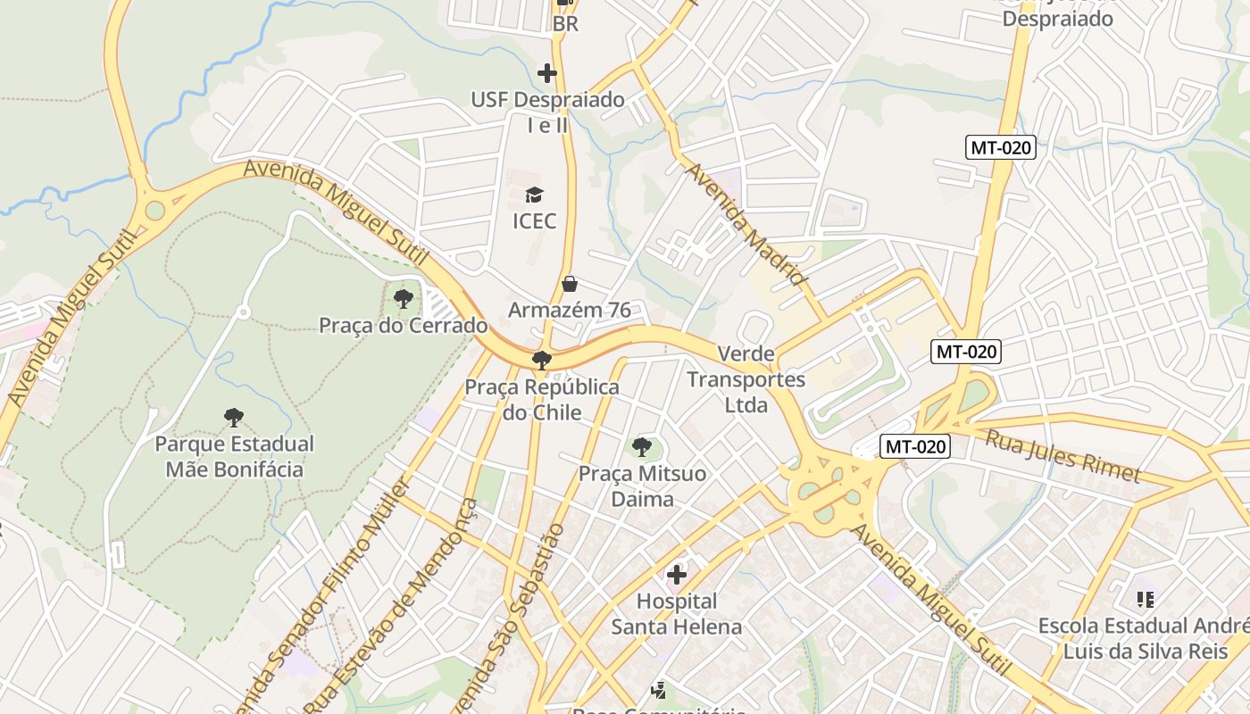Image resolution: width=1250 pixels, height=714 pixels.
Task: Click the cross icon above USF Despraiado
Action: click(x=547, y=73)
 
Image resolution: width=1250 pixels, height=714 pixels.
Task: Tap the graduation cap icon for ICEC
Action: click(x=534, y=195)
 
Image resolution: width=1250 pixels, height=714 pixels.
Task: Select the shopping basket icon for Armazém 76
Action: click(x=570, y=285)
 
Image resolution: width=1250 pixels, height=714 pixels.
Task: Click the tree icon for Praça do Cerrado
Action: click(x=404, y=299)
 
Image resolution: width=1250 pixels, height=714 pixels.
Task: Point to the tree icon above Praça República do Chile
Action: click(x=541, y=361)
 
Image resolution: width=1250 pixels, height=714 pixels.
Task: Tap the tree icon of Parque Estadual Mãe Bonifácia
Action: click(x=234, y=417)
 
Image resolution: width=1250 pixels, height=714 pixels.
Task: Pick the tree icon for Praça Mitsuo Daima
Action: click(x=641, y=447)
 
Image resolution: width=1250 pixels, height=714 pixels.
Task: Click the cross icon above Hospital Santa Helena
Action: click(x=677, y=575)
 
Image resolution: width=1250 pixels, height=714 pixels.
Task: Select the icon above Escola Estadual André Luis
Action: click(x=1145, y=600)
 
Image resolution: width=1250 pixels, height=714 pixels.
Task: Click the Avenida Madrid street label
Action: click(x=746, y=224)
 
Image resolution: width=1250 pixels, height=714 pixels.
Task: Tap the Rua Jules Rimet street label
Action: click(x=1062, y=455)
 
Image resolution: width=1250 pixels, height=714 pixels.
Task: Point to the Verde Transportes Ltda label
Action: click(x=746, y=379)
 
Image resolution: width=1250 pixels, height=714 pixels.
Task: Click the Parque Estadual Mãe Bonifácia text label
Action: click(x=234, y=456)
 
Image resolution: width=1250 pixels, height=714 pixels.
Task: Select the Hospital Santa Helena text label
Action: click(x=676, y=614)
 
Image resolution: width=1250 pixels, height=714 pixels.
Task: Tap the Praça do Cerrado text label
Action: click(x=404, y=325)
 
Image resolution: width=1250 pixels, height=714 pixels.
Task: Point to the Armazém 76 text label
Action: click(x=570, y=311)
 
